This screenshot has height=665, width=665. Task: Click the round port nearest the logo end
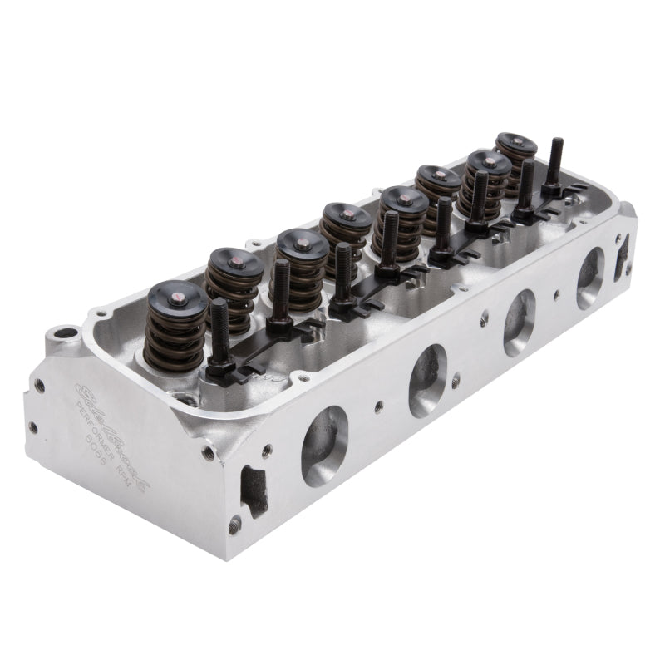point(324,445)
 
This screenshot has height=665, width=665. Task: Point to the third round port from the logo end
point(519,323)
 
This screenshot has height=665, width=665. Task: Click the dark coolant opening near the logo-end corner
point(252,485)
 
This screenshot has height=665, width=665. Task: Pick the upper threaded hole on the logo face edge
point(38,386)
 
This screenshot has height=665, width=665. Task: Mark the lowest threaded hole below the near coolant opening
point(235,525)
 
